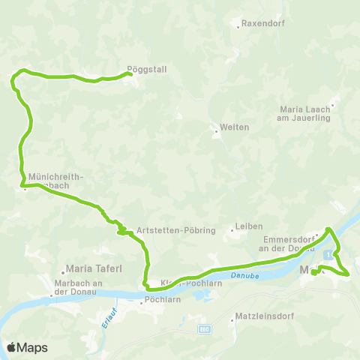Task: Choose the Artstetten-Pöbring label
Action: pyautogui.click(x=176, y=230)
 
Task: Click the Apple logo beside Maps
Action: pyautogui.click(x=11, y=347)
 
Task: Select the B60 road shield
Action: pyautogui.click(x=205, y=328)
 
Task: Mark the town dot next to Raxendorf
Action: pyautogui.click(x=239, y=26)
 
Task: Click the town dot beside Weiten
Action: pyautogui.click(x=216, y=132)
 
